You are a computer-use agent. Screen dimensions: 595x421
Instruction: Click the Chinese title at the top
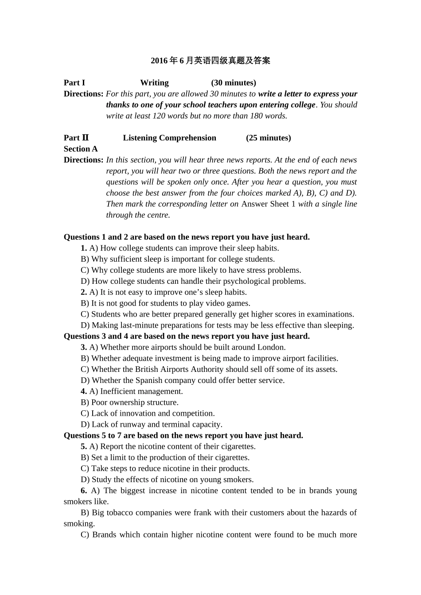tap(210, 61)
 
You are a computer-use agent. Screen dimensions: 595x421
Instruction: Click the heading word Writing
tap(154, 83)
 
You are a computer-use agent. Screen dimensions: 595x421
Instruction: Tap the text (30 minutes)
tap(234, 83)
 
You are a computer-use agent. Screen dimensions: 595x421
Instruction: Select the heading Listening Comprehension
tap(169, 138)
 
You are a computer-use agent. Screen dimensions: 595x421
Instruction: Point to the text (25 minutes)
tap(269, 138)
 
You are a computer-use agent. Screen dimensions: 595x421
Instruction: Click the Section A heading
tap(81, 149)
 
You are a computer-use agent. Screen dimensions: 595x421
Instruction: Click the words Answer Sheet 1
tap(268, 204)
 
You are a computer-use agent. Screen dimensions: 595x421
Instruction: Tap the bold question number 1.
tap(84, 248)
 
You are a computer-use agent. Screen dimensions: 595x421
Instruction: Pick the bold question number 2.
tap(84, 292)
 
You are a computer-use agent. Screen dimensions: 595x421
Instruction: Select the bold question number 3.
tap(84, 348)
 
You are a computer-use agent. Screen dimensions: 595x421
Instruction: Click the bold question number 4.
tap(84, 391)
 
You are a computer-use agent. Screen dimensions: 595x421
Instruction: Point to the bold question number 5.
tap(84, 447)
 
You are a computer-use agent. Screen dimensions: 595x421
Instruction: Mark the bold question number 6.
tap(84, 491)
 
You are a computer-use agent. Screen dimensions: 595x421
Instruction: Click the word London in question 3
tap(271, 348)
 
